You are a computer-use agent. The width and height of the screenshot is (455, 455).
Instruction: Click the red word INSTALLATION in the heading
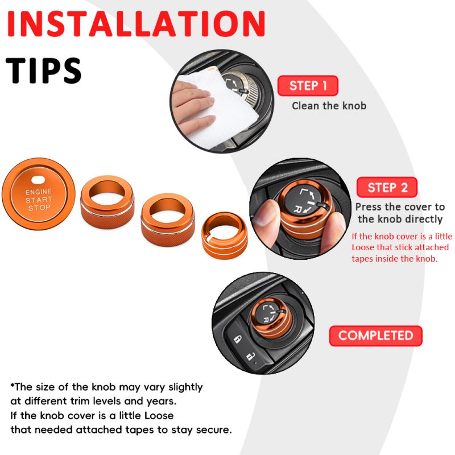coord(136,24)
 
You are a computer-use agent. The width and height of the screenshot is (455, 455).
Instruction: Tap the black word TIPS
coord(44,71)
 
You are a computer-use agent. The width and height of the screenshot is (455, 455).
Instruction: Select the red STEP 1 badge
coord(308,86)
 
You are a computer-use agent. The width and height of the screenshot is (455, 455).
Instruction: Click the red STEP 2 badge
coord(387,187)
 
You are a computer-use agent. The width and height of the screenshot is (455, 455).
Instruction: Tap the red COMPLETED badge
coord(376,336)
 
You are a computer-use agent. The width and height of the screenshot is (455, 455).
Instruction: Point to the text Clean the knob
coord(329,106)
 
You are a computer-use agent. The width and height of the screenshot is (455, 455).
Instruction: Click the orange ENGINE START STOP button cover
coord(39,193)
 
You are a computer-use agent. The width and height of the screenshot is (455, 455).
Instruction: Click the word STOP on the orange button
coord(39,208)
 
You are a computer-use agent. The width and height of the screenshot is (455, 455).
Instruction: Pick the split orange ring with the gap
coord(225,235)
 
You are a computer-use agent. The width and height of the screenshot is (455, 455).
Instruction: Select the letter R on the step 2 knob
coord(297,209)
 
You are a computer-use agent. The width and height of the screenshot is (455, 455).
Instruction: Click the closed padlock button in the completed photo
coord(238,339)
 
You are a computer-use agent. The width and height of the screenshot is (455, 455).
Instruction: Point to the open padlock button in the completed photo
coord(251,357)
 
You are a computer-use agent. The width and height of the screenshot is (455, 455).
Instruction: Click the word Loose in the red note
coord(363,247)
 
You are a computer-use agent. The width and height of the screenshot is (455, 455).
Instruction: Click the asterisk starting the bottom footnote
coord(12,386)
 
